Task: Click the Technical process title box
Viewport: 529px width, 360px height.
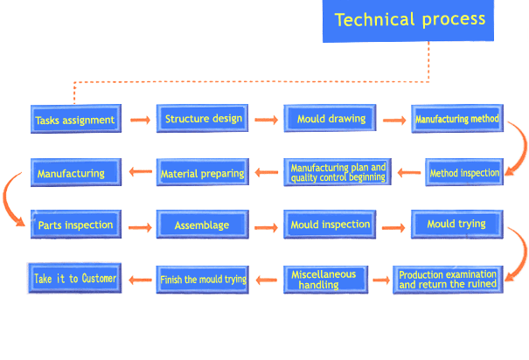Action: pos(408,21)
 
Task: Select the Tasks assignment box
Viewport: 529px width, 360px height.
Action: pos(76,119)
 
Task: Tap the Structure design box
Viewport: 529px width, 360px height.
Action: pos(203,118)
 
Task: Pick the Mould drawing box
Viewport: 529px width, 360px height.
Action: pos(330,118)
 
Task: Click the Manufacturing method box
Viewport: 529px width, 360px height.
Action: pos(457,118)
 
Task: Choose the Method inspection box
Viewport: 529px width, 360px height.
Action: pos(464,172)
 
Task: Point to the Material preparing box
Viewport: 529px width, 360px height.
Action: pos(203,172)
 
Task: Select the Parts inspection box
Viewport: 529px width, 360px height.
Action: pos(76,225)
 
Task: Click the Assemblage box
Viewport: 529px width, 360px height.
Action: pos(203,225)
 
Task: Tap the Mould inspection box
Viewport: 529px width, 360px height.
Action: pos(330,225)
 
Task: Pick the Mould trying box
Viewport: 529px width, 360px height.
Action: pos(457,225)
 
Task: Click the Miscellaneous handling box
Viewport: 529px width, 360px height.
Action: pos(325,280)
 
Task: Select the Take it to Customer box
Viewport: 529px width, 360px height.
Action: pos(74,278)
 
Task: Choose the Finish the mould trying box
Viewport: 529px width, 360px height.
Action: pos(203,280)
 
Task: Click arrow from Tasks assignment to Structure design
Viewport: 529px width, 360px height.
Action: pos(141,120)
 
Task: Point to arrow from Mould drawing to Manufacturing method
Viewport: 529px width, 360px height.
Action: pos(394,120)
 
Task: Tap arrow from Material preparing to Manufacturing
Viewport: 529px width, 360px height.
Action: pos(141,171)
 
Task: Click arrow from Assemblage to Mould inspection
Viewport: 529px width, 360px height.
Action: pos(266,228)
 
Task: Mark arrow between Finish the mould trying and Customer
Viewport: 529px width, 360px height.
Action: pos(141,280)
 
